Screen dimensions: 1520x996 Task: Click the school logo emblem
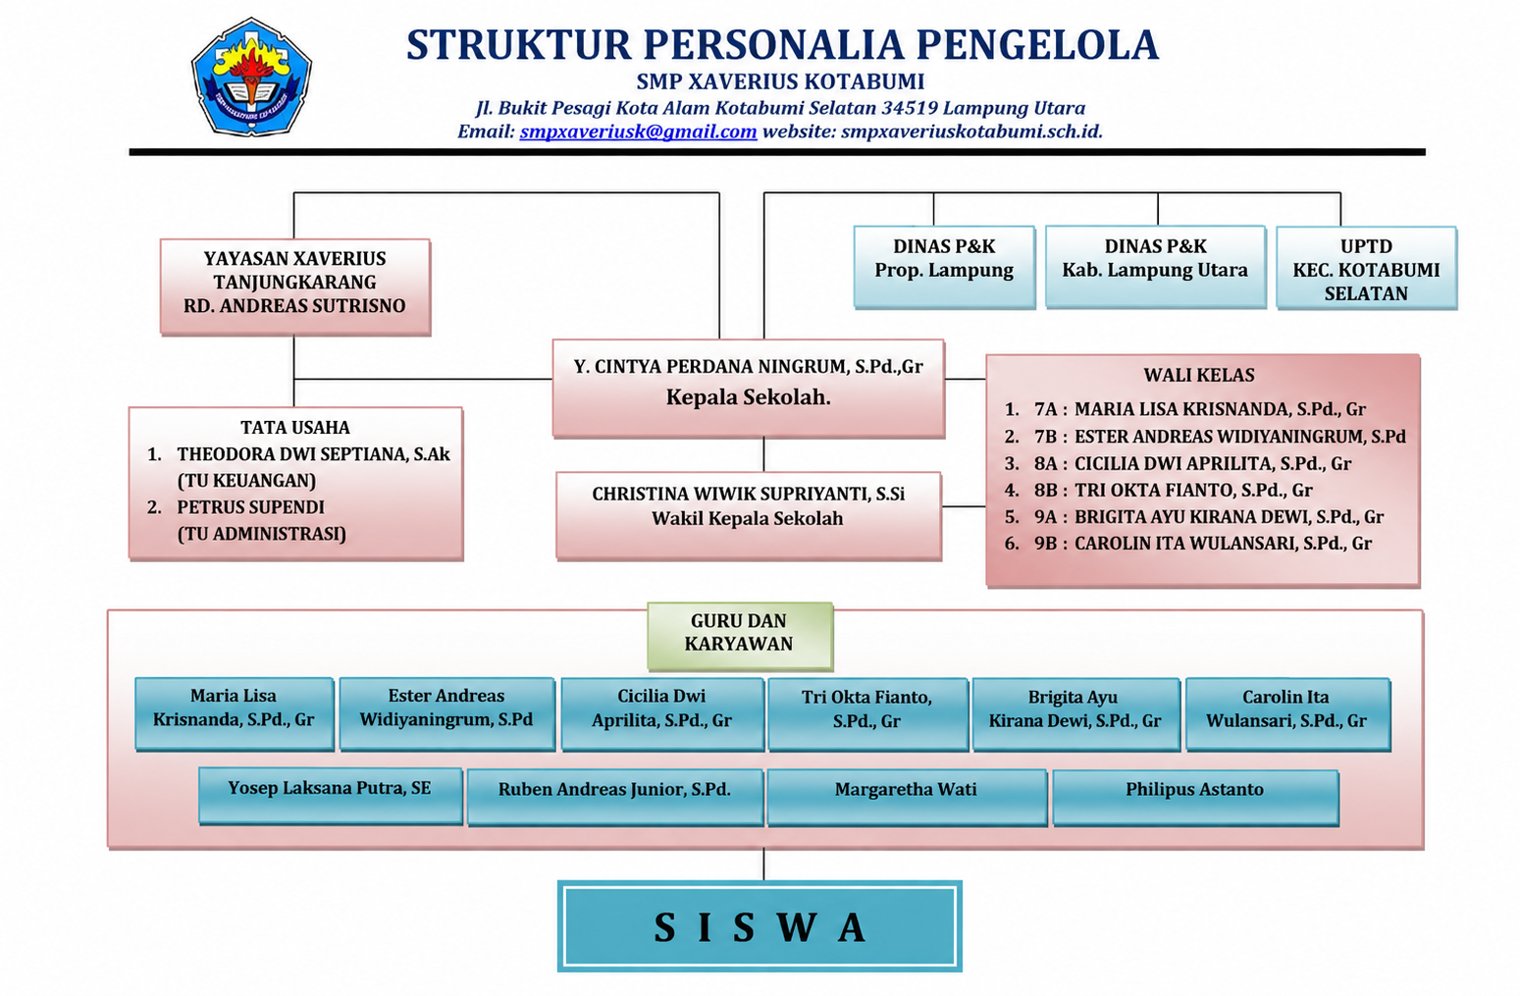point(252,77)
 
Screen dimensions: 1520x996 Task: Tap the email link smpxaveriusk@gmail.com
point(638,131)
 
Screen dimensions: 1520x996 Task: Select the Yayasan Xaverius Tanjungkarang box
point(295,287)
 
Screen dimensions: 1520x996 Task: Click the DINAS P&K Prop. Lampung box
point(944,267)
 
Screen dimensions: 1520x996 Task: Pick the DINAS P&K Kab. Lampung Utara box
point(1155,267)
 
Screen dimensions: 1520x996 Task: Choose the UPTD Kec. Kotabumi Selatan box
point(1366,268)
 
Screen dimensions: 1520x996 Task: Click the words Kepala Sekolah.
point(748,396)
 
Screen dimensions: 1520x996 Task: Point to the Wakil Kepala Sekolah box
point(749,515)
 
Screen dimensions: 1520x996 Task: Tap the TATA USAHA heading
point(295,428)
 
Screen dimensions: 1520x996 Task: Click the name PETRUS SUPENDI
point(250,507)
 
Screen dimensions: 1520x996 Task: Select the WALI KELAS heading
point(1199,375)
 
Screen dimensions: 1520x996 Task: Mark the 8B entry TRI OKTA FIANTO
point(1173,490)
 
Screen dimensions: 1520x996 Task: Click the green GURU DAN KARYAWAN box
point(740,636)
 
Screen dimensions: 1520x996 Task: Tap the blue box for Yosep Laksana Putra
point(331,796)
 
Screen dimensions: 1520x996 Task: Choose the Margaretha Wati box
point(907,797)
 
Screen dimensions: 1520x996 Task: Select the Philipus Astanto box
point(1195,797)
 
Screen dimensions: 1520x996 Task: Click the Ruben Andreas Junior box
point(615,797)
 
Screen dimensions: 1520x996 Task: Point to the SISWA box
point(760,926)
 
